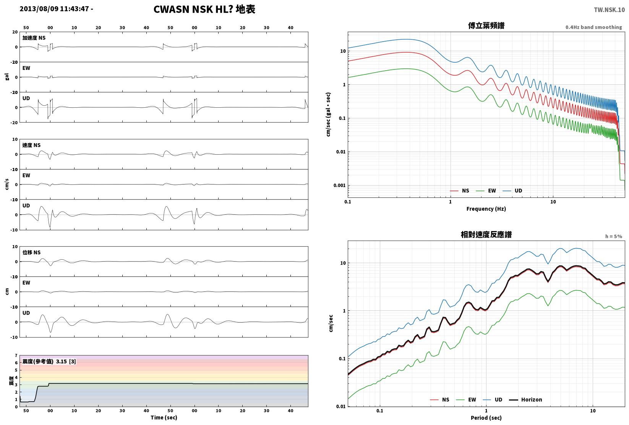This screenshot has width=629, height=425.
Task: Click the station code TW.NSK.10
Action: coord(609,10)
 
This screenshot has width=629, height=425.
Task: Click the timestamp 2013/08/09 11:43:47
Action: coord(54,9)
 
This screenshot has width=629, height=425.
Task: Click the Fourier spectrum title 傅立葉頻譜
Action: coord(486,26)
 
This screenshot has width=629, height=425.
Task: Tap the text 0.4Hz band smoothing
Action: coord(593,27)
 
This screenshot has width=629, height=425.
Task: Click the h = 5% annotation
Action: coord(614,236)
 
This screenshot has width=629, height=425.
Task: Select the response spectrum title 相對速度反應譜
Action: coord(486,234)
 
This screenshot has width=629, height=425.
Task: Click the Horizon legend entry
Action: coord(526,399)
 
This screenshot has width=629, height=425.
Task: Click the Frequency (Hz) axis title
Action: coord(486,209)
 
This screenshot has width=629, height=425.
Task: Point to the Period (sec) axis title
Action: coord(486,418)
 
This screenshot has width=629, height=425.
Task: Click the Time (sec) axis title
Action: coord(164,417)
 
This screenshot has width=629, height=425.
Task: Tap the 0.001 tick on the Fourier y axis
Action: coord(339,185)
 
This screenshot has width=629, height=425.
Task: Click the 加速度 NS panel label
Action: coord(34,38)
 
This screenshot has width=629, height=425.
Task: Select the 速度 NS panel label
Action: coord(31,145)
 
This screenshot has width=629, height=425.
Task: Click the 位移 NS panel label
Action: coord(31,252)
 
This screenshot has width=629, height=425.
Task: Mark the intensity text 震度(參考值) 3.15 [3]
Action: coord(49,361)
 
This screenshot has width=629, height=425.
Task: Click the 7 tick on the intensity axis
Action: coord(16,356)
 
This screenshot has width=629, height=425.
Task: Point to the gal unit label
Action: coord(7,77)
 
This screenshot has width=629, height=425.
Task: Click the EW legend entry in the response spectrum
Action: coord(466,399)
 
